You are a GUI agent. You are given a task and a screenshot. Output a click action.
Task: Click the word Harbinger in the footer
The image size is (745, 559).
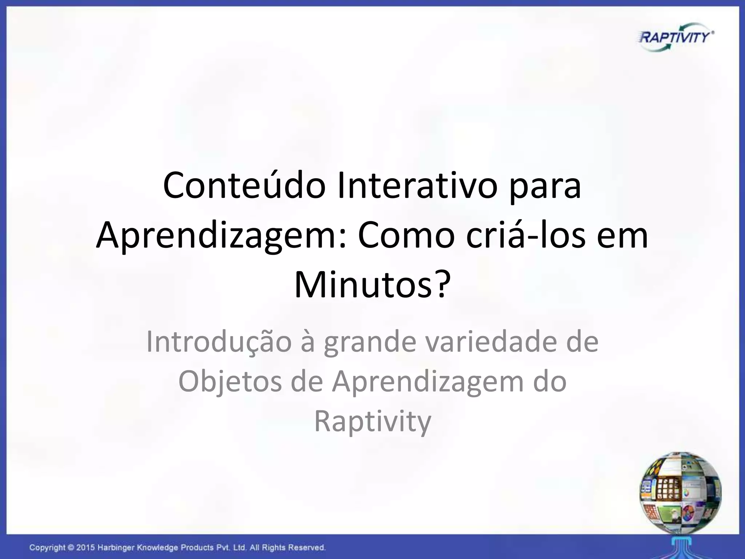[115, 548]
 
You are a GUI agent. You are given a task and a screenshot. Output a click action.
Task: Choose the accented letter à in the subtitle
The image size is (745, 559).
[308, 342]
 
